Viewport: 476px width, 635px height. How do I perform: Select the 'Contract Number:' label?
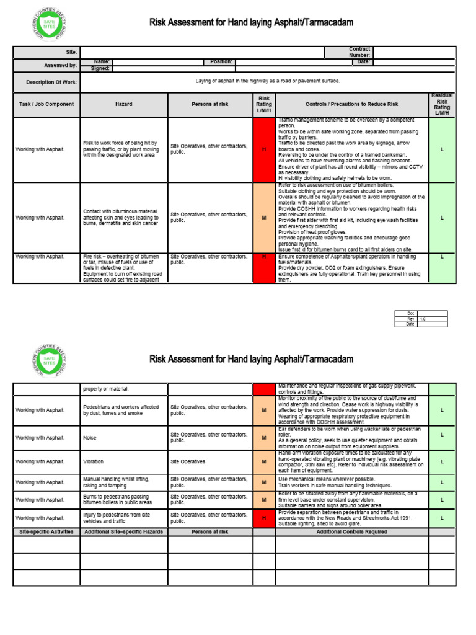tap(359, 52)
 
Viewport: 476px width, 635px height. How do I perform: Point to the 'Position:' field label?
tap(221, 62)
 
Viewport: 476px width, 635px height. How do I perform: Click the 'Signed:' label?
tap(100, 68)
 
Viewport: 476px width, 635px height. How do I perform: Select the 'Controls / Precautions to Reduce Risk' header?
tap(351, 104)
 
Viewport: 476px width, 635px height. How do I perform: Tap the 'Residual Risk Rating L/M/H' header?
tap(442, 104)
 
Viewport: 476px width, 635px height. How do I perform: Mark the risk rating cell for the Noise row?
tap(264, 437)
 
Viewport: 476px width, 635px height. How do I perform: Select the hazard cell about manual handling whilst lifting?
tap(123, 482)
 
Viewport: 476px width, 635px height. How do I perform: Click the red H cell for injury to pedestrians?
tap(264, 518)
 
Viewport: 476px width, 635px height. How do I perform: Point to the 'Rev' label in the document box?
tap(410, 319)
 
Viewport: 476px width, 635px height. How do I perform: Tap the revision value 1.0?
tap(423, 319)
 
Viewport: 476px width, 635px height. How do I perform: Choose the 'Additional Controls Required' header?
tap(351, 532)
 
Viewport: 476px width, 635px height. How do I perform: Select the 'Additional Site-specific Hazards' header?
tap(123, 532)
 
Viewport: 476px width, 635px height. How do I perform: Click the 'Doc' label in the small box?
tap(410, 313)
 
